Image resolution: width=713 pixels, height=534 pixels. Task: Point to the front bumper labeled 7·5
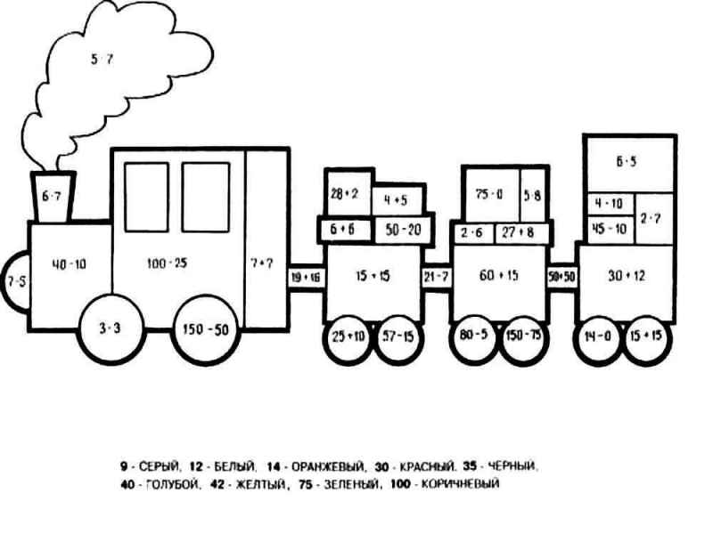pyautogui.click(x=15, y=282)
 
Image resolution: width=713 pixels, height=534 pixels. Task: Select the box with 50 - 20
pyautogui.click(x=403, y=229)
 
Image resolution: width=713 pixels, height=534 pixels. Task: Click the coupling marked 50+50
pyautogui.click(x=561, y=277)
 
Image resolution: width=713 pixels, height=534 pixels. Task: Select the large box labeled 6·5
pyautogui.click(x=627, y=162)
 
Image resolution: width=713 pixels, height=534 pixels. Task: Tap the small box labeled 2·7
pyautogui.click(x=650, y=218)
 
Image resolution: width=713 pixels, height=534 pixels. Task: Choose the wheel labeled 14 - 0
pyautogui.click(x=597, y=337)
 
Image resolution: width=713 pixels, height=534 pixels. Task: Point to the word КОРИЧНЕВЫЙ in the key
pyautogui.click(x=459, y=485)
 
